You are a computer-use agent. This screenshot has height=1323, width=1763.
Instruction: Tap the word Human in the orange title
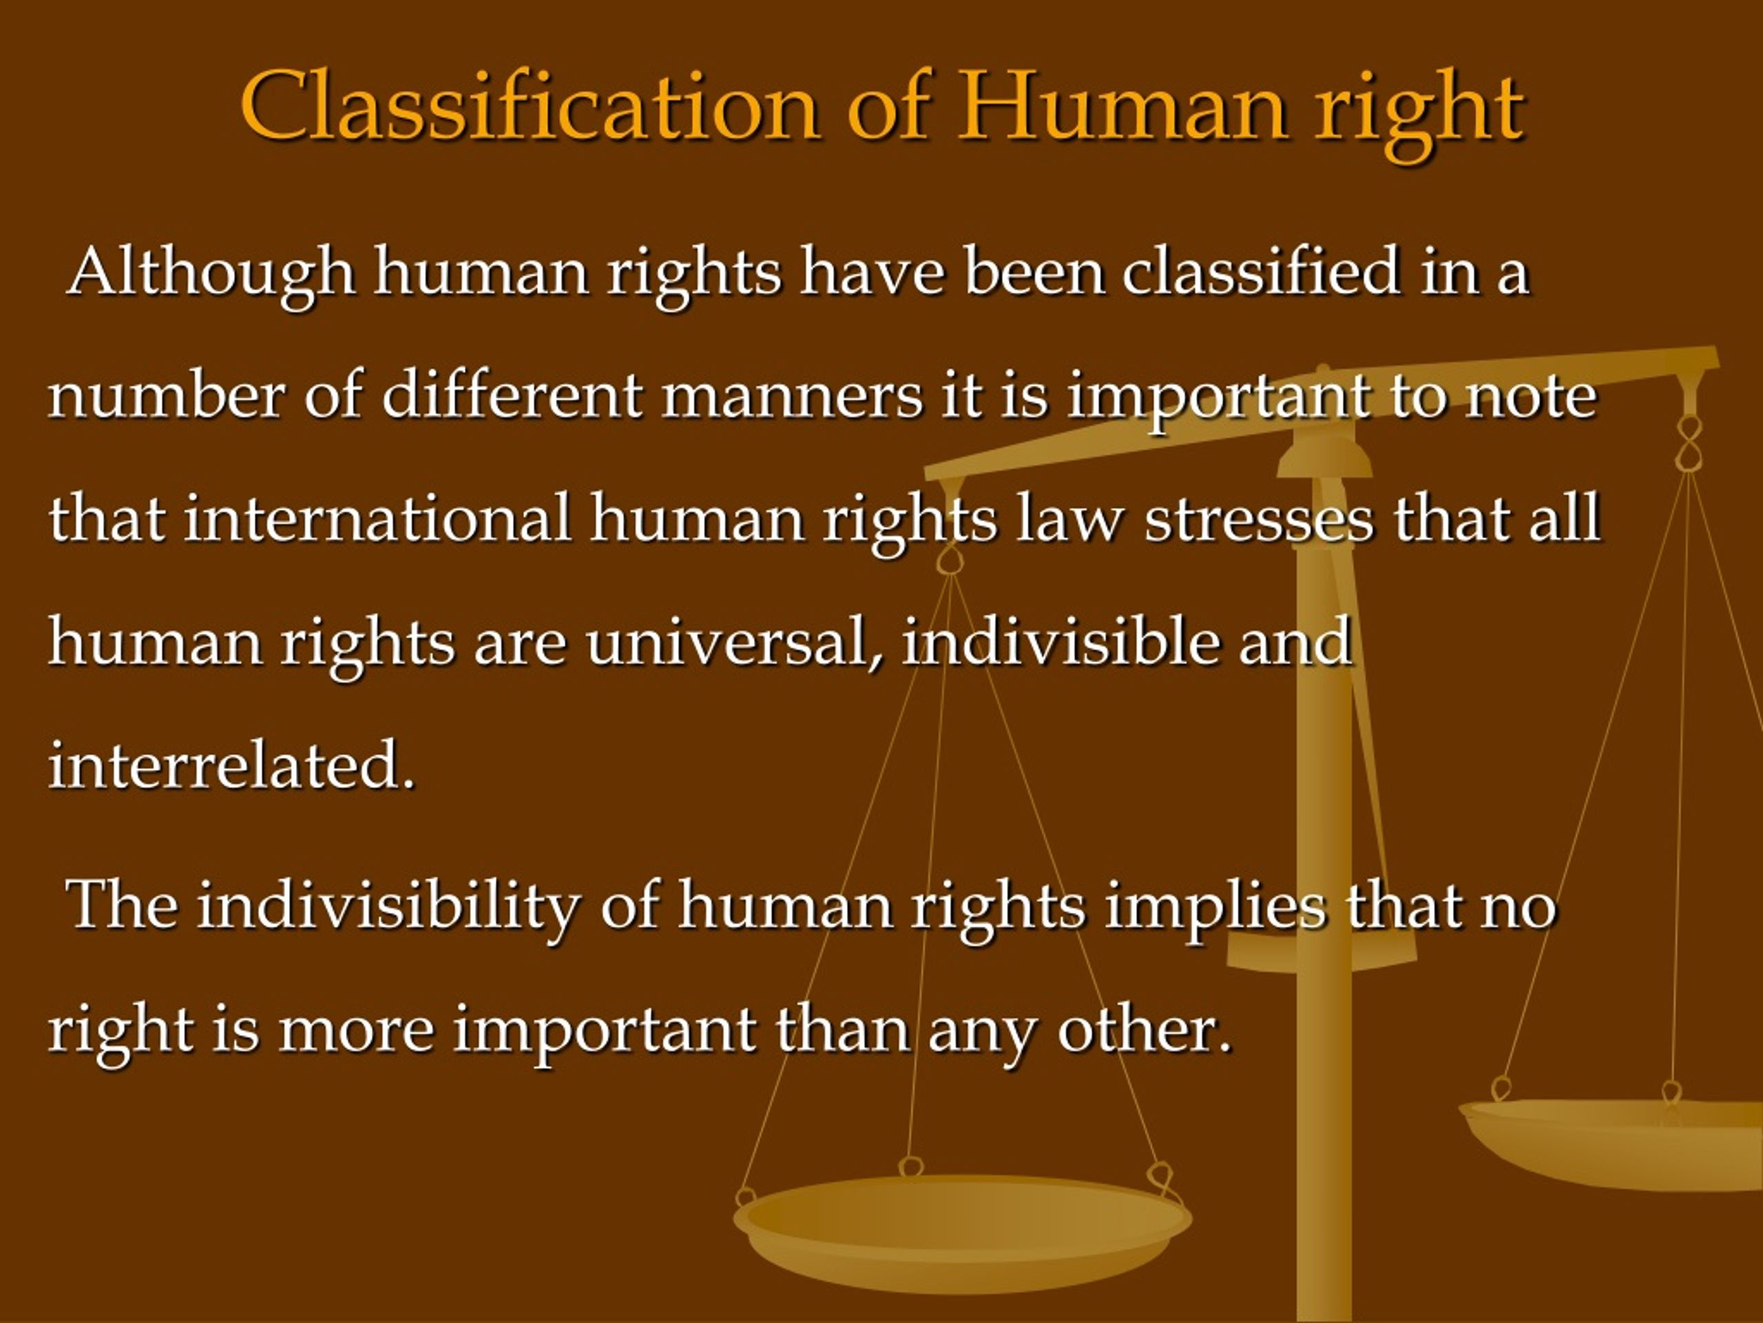coord(1123,106)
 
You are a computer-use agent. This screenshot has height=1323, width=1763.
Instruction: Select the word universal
coord(734,643)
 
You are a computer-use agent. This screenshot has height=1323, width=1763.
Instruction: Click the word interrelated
coord(232,764)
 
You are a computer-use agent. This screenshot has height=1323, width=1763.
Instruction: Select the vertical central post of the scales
coord(1324,877)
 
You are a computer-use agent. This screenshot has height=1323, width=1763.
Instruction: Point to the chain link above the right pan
coord(1688,442)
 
